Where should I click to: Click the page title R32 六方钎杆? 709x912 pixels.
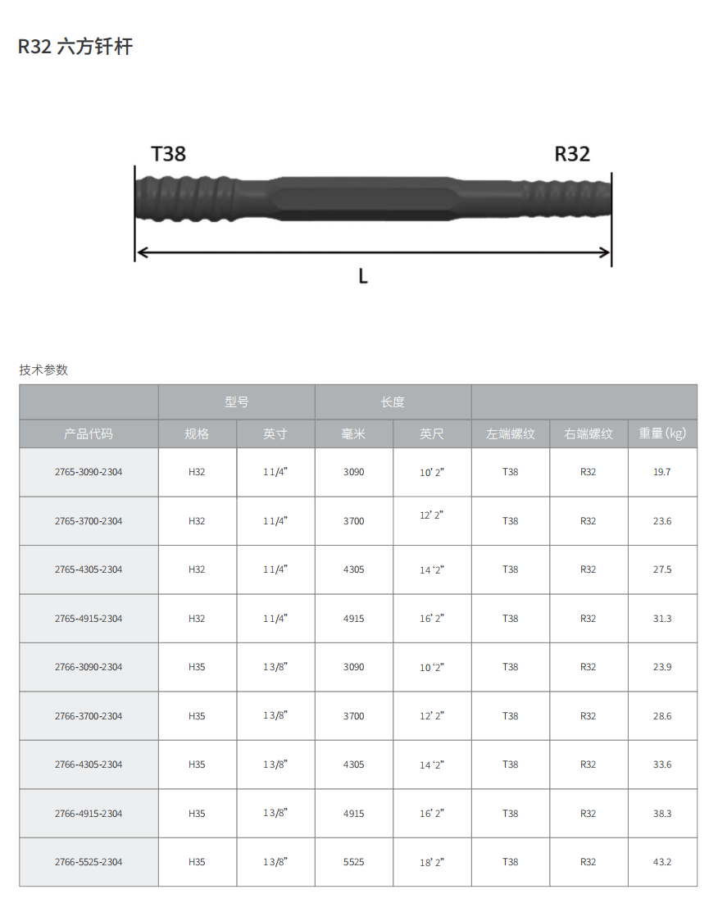point(75,47)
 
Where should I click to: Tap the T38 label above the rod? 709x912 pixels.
point(168,153)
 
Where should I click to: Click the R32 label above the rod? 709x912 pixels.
point(572,153)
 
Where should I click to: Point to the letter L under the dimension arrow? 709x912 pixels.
point(363,275)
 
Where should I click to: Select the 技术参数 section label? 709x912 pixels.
point(43,370)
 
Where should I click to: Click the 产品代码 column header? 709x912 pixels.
point(89,434)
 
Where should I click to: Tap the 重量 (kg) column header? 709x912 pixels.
point(662,433)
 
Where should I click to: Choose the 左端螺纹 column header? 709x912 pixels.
point(510,434)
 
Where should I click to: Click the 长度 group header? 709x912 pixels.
point(393,402)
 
